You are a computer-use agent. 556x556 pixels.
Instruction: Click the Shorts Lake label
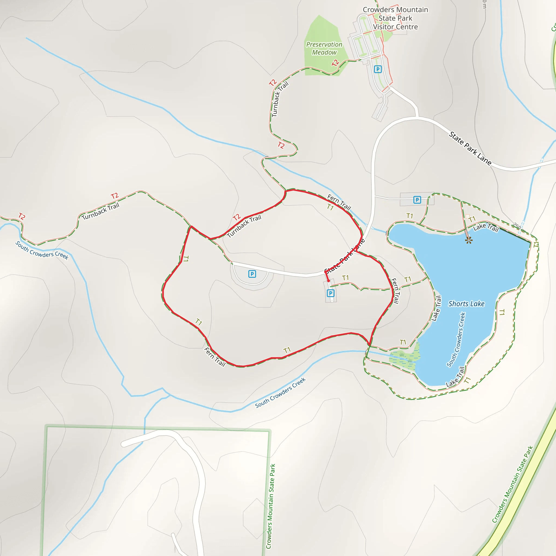pos(466,304)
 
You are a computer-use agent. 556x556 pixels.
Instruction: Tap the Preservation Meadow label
pos(324,48)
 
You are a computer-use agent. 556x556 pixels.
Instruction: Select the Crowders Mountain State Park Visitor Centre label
pos(395,18)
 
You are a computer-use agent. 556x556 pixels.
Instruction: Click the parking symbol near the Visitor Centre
pos(378,69)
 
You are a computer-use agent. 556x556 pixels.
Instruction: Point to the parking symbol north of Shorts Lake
pos(417,200)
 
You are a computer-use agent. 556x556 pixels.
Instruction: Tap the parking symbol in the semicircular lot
pos(252,274)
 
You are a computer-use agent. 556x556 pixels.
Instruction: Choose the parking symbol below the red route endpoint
pos(331,293)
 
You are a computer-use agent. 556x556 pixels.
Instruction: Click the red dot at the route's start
pos(328,281)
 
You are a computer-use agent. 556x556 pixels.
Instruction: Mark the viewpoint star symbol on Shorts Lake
pos(469,240)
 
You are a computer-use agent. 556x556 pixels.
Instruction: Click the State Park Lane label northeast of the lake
pos(470,148)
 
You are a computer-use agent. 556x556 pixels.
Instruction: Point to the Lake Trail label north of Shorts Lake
pos(486,227)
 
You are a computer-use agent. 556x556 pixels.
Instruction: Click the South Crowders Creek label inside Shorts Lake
pos(456,340)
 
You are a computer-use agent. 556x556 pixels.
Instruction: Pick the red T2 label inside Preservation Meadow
pos(335,63)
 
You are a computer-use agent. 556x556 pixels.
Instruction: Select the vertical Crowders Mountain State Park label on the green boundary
pos(270,507)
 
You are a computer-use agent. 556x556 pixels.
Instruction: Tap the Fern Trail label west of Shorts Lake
pos(395,291)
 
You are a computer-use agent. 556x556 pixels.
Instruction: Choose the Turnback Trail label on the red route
pos(244,226)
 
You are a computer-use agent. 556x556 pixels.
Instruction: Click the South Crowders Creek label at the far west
pos(42,251)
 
